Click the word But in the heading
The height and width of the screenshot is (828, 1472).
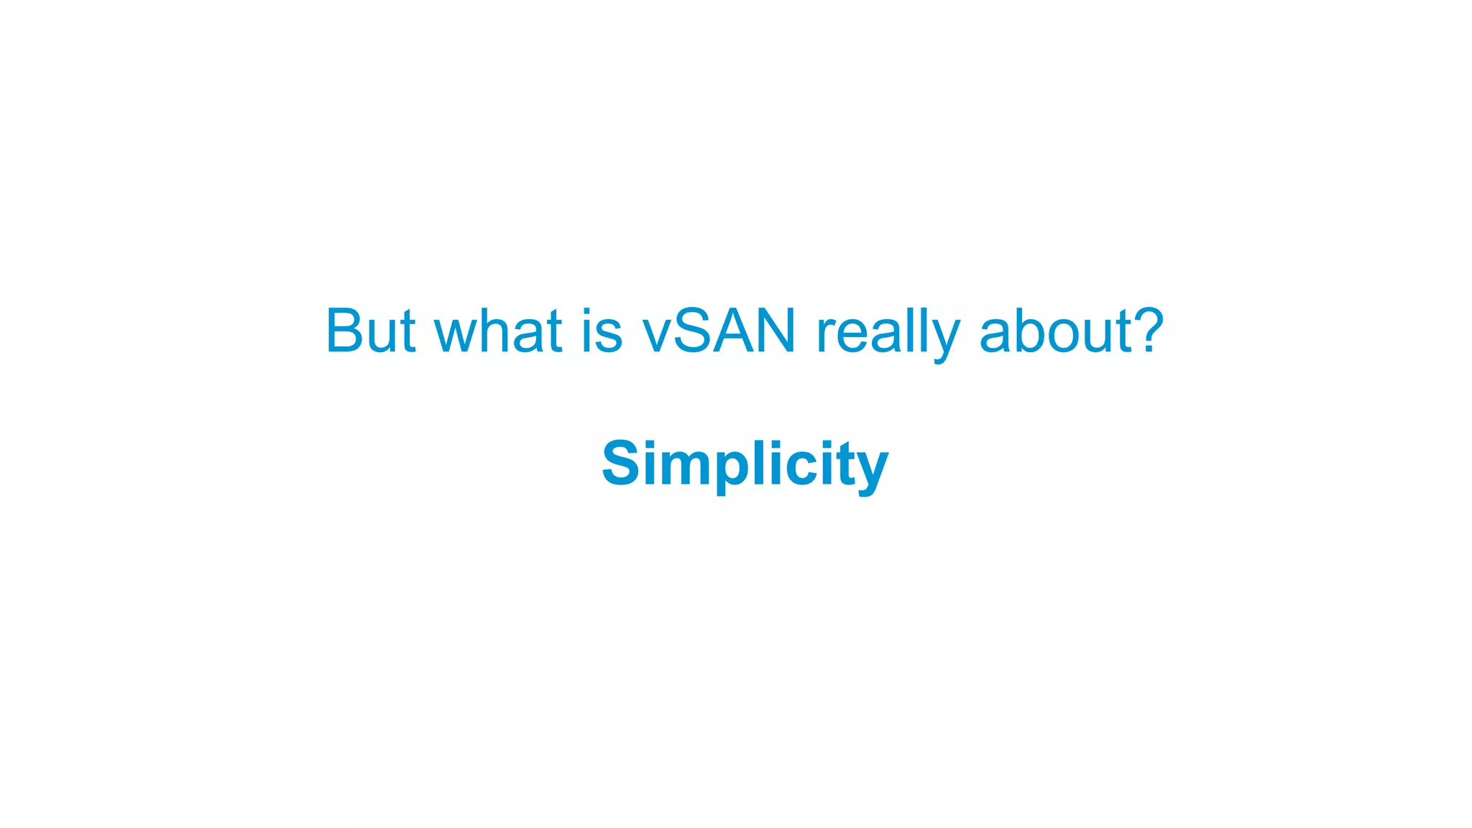pos(370,331)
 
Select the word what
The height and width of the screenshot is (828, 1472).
pos(498,331)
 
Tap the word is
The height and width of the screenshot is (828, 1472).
pos(602,331)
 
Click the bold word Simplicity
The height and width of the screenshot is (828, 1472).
pos(745,464)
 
